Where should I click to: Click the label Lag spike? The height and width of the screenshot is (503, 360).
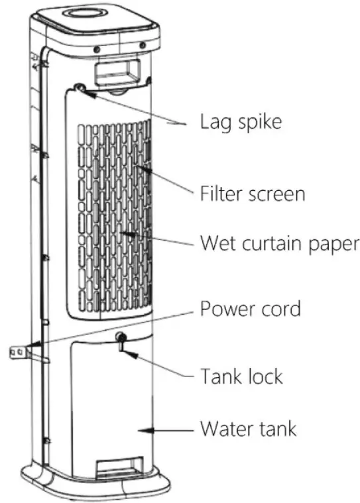(x=241, y=123)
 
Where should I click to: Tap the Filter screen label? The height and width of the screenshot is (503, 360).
(x=253, y=194)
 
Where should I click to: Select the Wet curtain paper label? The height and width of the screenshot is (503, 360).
(x=279, y=243)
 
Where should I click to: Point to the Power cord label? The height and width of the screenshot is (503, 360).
(x=251, y=308)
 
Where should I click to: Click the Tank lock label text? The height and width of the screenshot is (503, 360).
(x=241, y=376)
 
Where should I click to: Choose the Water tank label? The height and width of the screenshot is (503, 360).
(x=248, y=429)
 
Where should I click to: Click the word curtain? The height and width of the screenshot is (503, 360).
(x=272, y=243)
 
